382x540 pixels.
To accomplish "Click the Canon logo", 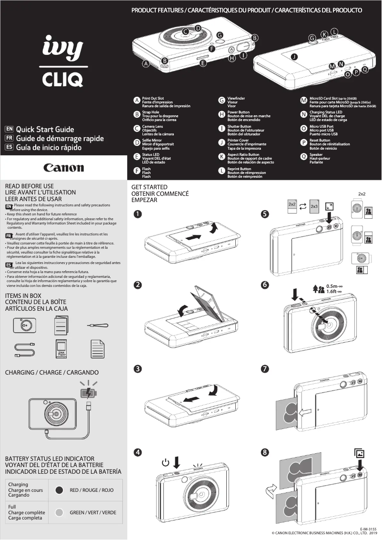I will point(64,168).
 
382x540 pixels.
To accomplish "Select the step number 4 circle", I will point(137,452).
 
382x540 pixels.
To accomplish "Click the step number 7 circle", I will point(265,369).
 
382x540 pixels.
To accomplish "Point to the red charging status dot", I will point(60,490).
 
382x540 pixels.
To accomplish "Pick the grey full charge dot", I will point(60,513).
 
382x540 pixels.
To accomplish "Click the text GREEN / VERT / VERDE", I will point(93,513).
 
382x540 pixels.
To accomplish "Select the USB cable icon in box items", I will point(24,350).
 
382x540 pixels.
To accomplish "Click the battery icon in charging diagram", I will point(89,393).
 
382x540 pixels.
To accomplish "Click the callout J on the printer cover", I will point(294,57).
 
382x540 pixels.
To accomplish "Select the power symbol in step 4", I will point(165,462).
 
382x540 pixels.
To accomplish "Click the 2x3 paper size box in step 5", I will point(314,207).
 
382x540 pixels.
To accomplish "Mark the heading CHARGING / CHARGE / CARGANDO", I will point(51,372).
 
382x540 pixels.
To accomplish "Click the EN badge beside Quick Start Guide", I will point(9,129).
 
